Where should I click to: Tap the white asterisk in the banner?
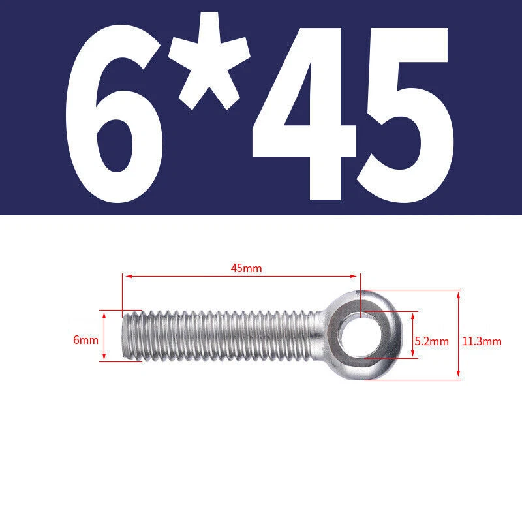[x=209, y=61]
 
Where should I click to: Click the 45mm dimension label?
[x=247, y=268]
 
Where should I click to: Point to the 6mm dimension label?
[x=86, y=340]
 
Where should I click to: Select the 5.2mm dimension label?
[x=432, y=341]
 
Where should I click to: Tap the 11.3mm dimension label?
[x=482, y=341]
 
